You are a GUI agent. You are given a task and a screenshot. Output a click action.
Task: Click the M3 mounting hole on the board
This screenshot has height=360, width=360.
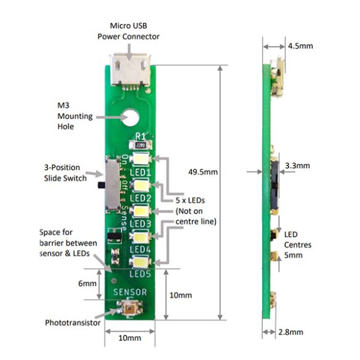pos(130,118)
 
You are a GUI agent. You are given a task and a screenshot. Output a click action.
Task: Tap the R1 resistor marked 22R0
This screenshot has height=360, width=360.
pos(140,145)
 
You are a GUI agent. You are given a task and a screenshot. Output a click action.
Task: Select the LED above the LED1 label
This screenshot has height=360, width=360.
pos(140,159)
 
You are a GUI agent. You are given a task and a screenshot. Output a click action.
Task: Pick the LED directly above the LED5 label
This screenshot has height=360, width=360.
pos(140,262)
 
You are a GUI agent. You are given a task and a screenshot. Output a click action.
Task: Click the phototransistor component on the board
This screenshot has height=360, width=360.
pos(130,308)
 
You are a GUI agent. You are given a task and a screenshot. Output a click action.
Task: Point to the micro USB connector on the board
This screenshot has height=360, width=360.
pos(130,70)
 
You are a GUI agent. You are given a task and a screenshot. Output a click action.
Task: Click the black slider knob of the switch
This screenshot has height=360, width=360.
pos(102,185)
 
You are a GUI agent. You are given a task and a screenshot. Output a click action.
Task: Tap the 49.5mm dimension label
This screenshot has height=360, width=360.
pos(202,172)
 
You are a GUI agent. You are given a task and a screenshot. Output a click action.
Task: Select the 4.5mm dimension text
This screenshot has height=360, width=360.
pos(300,46)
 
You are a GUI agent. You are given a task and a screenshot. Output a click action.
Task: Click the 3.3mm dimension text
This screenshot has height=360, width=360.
pos(297,166)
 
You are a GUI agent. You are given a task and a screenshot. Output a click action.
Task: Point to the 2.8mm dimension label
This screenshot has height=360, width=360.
pos(290,332)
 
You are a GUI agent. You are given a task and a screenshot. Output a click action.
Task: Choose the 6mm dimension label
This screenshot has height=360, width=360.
pos(87,284)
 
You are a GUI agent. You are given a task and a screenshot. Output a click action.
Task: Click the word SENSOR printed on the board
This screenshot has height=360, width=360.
pos(130,292)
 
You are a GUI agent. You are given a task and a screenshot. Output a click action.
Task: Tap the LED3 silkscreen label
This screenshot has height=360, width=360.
pos(140,223)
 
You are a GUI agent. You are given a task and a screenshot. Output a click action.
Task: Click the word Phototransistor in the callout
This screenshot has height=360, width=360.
pos(73,323)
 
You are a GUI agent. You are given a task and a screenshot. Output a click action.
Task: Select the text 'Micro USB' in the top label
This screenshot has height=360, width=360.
pos(129,26)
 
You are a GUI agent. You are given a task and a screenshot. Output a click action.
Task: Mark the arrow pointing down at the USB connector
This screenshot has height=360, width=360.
pos(130,52)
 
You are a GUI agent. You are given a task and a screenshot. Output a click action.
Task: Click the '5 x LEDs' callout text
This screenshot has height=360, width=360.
pos(190,201)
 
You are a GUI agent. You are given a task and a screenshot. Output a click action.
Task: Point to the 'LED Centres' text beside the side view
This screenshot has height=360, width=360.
pos(298,240)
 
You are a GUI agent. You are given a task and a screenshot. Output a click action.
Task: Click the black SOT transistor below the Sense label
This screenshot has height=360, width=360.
pos(114,236)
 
